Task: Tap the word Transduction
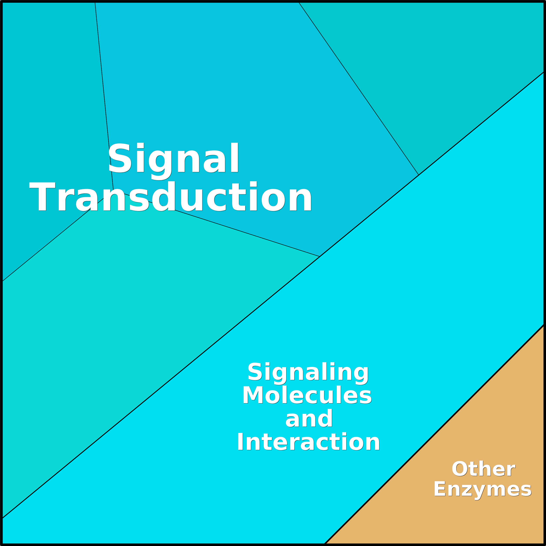[x=170, y=197]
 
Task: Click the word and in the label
[x=309, y=418]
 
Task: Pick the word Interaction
[x=308, y=441]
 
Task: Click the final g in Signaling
[x=361, y=376]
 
